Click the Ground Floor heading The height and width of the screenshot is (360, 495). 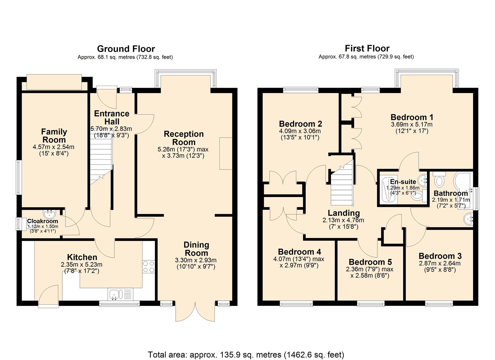126,49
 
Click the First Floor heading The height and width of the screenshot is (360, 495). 367,48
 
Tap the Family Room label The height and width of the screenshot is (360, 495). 54,136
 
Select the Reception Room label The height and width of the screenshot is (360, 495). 184,138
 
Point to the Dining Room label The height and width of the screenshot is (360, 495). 196,249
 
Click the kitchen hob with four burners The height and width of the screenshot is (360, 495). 148,267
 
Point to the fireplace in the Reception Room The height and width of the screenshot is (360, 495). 225,153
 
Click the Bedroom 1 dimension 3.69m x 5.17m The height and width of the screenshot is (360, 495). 412,124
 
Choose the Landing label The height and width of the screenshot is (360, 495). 343,213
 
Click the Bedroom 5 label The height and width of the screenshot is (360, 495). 370,262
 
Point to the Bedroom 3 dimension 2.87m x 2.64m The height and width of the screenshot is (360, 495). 440,263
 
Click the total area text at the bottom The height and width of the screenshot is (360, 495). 246,354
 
